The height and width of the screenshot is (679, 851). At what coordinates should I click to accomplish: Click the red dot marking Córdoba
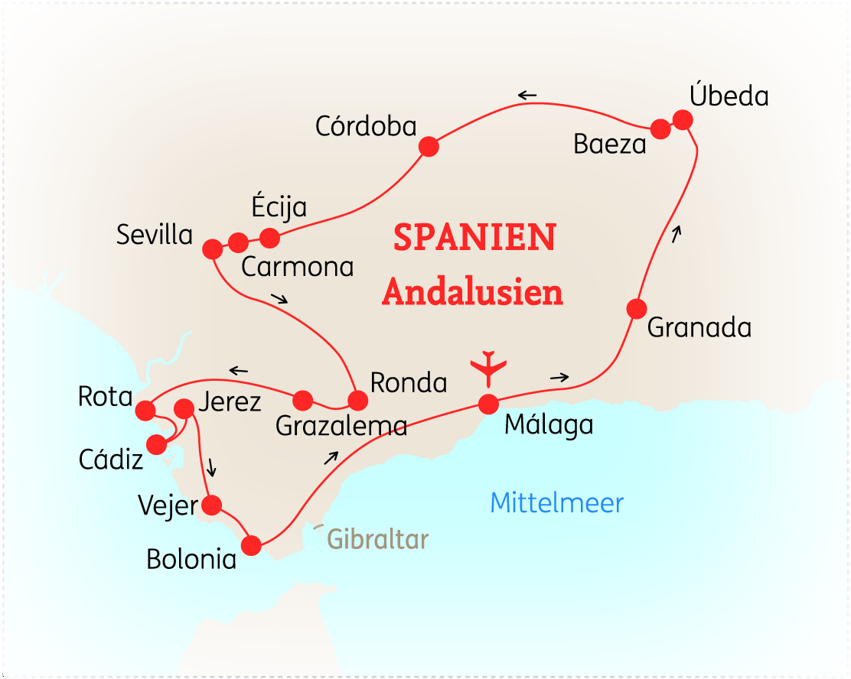pyautogui.click(x=429, y=146)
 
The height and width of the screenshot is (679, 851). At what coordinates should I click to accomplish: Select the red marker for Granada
pyautogui.click(x=637, y=309)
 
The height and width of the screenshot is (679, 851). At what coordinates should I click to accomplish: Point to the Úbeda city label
pyautogui.click(x=729, y=96)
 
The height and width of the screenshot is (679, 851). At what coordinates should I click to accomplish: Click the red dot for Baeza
pyautogui.click(x=661, y=128)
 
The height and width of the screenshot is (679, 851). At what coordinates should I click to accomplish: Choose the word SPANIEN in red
pyautogui.click(x=474, y=238)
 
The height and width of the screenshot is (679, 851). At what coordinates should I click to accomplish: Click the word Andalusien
pyautogui.click(x=473, y=292)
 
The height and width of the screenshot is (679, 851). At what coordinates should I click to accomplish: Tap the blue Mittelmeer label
pyautogui.click(x=557, y=503)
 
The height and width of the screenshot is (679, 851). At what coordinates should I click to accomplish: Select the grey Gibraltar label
pyautogui.click(x=377, y=539)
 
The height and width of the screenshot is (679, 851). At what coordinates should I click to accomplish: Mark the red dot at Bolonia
pyautogui.click(x=251, y=545)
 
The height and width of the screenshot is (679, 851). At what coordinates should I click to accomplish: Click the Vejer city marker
pyautogui.click(x=211, y=505)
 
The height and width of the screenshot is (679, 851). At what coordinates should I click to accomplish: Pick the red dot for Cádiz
pyautogui.click(x=156, y=444)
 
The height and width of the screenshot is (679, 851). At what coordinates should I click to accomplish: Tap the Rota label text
pyautogui.click(x=106, y=398)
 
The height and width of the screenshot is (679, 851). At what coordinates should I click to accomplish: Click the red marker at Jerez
pyautogui.click(x=184, y=409)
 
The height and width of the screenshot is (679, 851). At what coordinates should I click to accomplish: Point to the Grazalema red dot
pyautogui.click(x=303, y=399)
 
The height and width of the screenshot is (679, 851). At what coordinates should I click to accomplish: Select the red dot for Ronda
pyautogui.click(x=357, y=400)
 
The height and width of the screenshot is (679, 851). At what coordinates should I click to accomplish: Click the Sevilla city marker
pyautogui.click(x=212, y=249)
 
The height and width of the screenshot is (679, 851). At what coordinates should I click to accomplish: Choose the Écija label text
pyautogui.click(x=279, y=207)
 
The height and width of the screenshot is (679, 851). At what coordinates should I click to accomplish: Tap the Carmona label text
pyautogui.click(x=297, y=267)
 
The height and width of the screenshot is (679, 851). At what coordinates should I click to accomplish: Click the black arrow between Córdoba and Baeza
pyautogui.click(x=527, y=96)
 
